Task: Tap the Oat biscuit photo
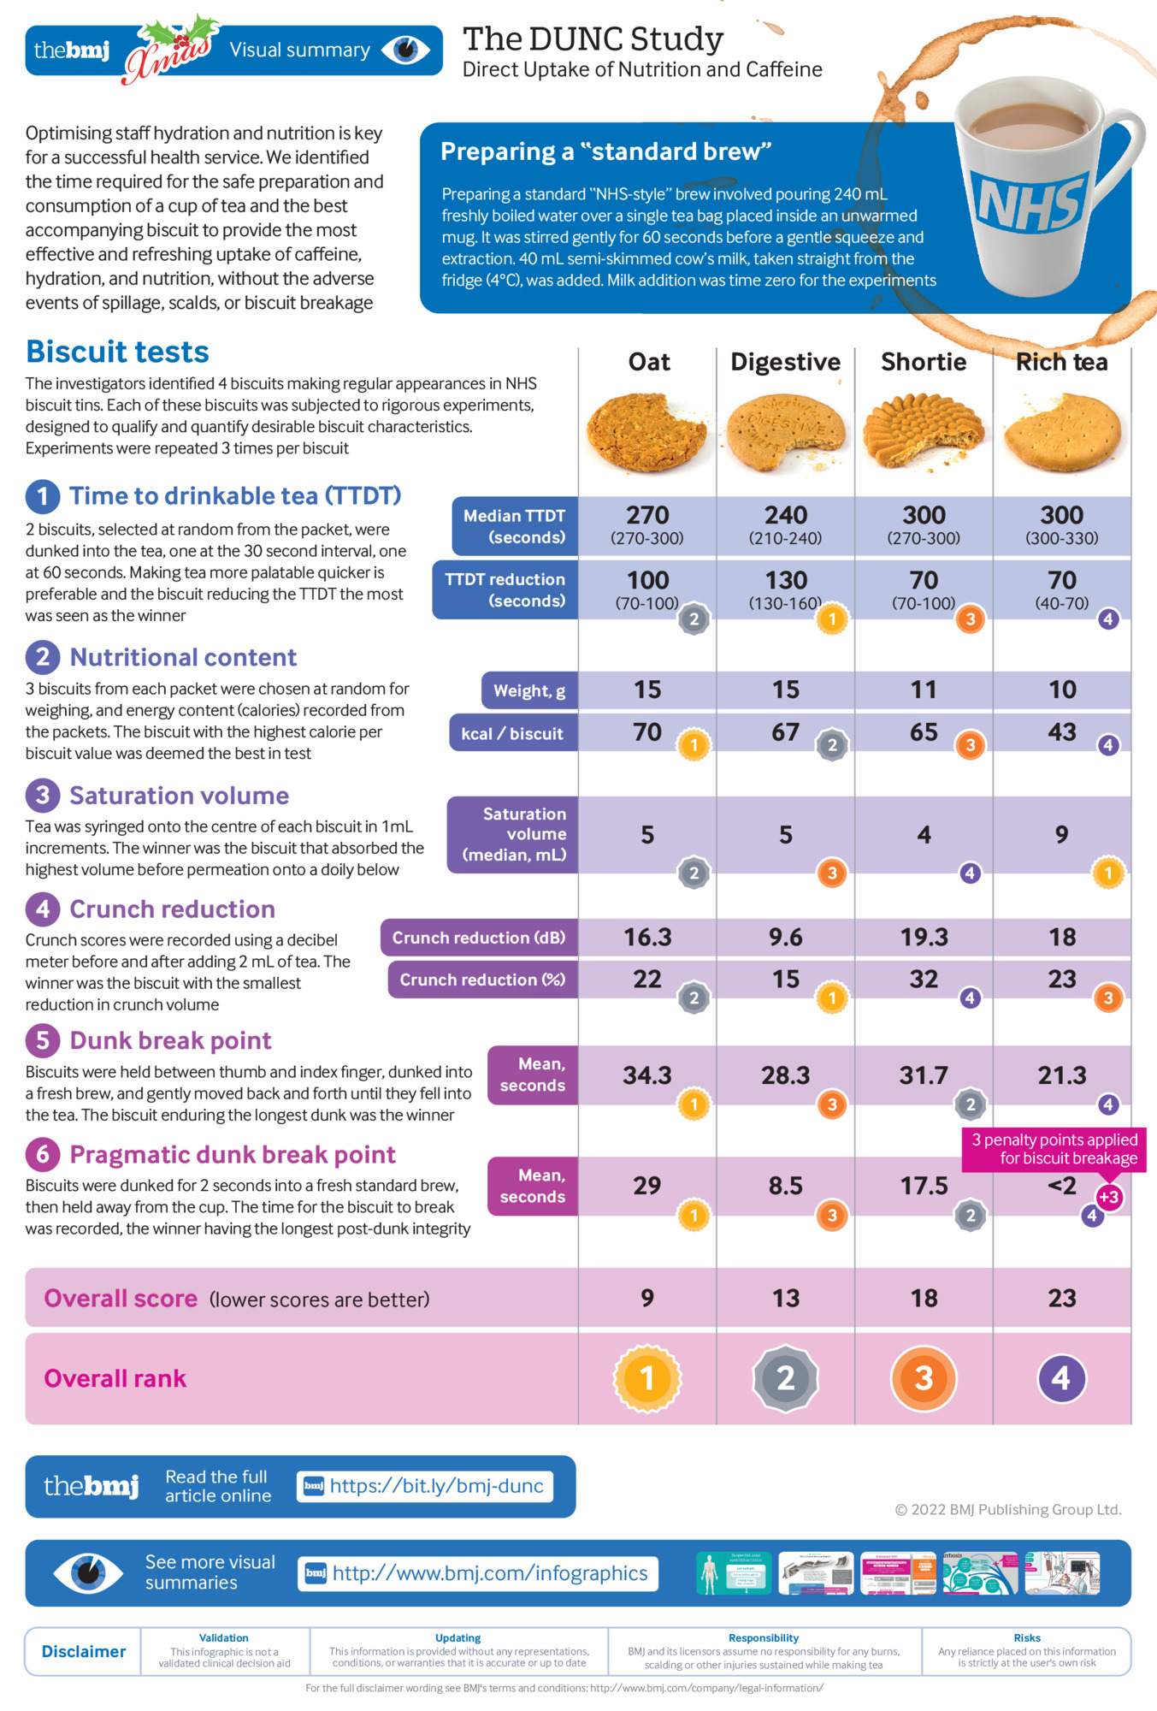click(x=646, y=432)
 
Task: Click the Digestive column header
click(x=785, y=362)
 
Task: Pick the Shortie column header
click(x=924, y=362)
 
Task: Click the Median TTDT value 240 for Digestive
click(x=785, y=515)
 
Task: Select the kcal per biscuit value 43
click(x=1061, y=732)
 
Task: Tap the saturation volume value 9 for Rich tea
click(x=1061, y=834)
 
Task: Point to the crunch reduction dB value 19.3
click(x=924, y=937)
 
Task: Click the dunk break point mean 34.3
click(x=646, y=1075)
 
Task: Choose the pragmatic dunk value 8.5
click(x=785, y=1186)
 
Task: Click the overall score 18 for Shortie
click(x=924, y=1298)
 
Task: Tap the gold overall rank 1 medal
click(x=647, y=1378)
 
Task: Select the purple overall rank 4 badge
click(x=1061, y=1378)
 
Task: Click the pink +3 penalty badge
click(x=1109, y=1197)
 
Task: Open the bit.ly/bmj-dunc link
click(x=426, y=1486)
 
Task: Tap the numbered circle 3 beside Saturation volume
click(x=43, y=796)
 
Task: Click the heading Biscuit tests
click(x=117, y=352)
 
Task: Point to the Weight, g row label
click(x=529, y=691)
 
